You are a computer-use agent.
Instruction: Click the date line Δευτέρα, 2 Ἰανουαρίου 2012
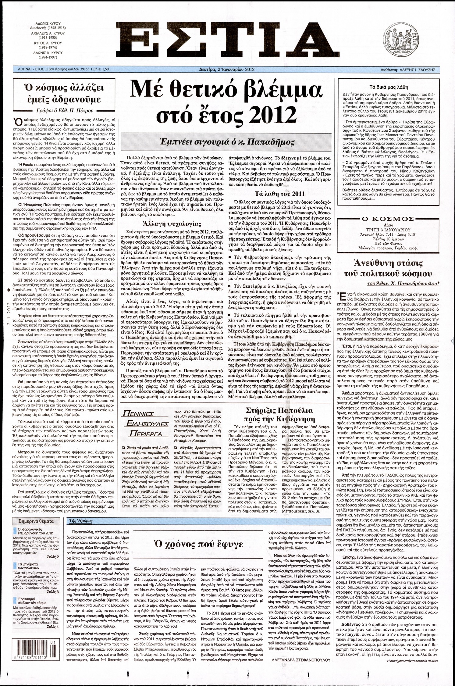[x=227, y=70]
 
